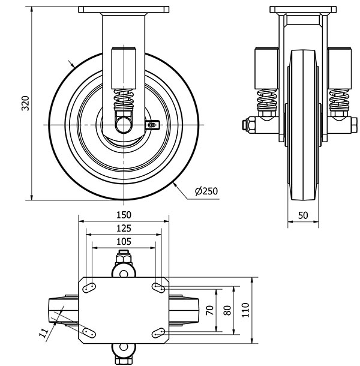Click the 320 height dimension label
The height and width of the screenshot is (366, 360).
coord(25,103)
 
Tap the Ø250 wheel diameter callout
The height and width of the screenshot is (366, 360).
coord(206,191)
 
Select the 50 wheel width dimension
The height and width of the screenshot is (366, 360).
coord(303,215)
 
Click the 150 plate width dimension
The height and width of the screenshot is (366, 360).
coord(124,215)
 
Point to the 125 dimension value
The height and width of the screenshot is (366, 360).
coord(124,228)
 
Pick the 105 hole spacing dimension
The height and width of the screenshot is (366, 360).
coord(124,242)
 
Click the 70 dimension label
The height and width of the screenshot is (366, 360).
coord(210,310)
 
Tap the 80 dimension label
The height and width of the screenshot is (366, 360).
coord(227,310)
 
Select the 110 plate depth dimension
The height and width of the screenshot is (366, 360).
coord(245,310)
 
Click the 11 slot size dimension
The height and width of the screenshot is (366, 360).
coord(43,333)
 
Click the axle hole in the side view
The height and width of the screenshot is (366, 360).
coord(124,125)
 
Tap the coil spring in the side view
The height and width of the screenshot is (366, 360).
coord(124,100)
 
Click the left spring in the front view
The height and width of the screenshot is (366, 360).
coord(267,100)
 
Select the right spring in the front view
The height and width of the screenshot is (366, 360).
coord(339,100)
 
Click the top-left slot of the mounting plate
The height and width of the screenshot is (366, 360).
coord(89,287)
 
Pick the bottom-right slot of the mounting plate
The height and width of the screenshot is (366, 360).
coord(158,333)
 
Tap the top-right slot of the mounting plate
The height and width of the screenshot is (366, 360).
coord(158,287)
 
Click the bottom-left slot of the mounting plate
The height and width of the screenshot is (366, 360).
coord(89,333)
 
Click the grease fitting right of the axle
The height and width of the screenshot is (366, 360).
coord(152,125)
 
